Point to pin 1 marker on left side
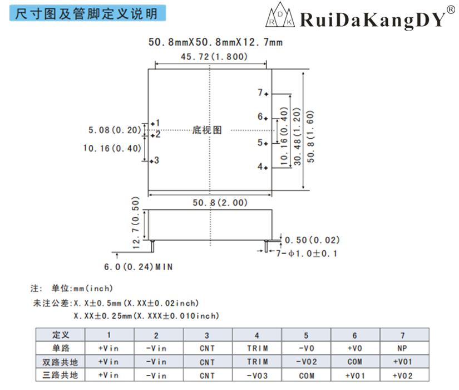tap(152, 123)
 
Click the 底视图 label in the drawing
tap(207, 130)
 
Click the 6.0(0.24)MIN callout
tap(138, 267)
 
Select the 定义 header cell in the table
tap(60, 335)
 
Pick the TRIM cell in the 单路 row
tap(257, 348)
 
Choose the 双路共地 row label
tap(60, 362)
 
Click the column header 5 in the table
tap(306, 335)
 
